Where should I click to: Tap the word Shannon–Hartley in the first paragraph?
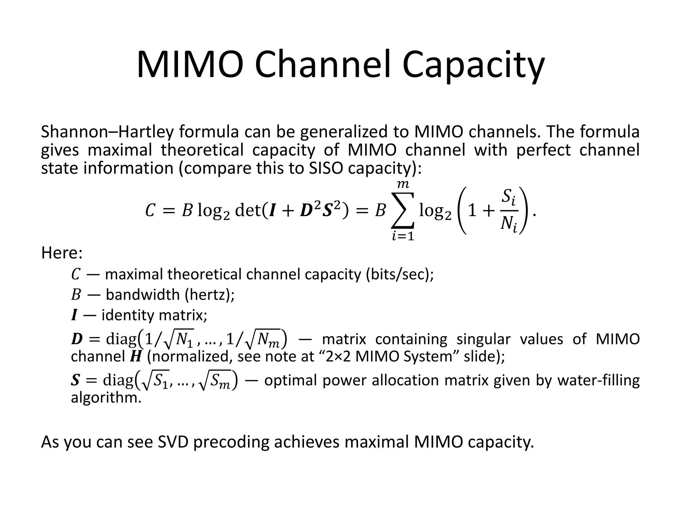click(x=106, y=132)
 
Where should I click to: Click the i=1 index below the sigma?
click(x=403, y=236)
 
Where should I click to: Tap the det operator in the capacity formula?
click(x=248, y=210)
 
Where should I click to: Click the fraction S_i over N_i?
click(x=509, y=210)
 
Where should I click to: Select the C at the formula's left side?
click(x=150, y=211)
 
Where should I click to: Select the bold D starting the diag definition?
click(x=76, y=339)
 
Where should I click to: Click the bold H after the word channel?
click(x=135, y=357)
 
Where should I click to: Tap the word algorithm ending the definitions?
click(x=106, y=398)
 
